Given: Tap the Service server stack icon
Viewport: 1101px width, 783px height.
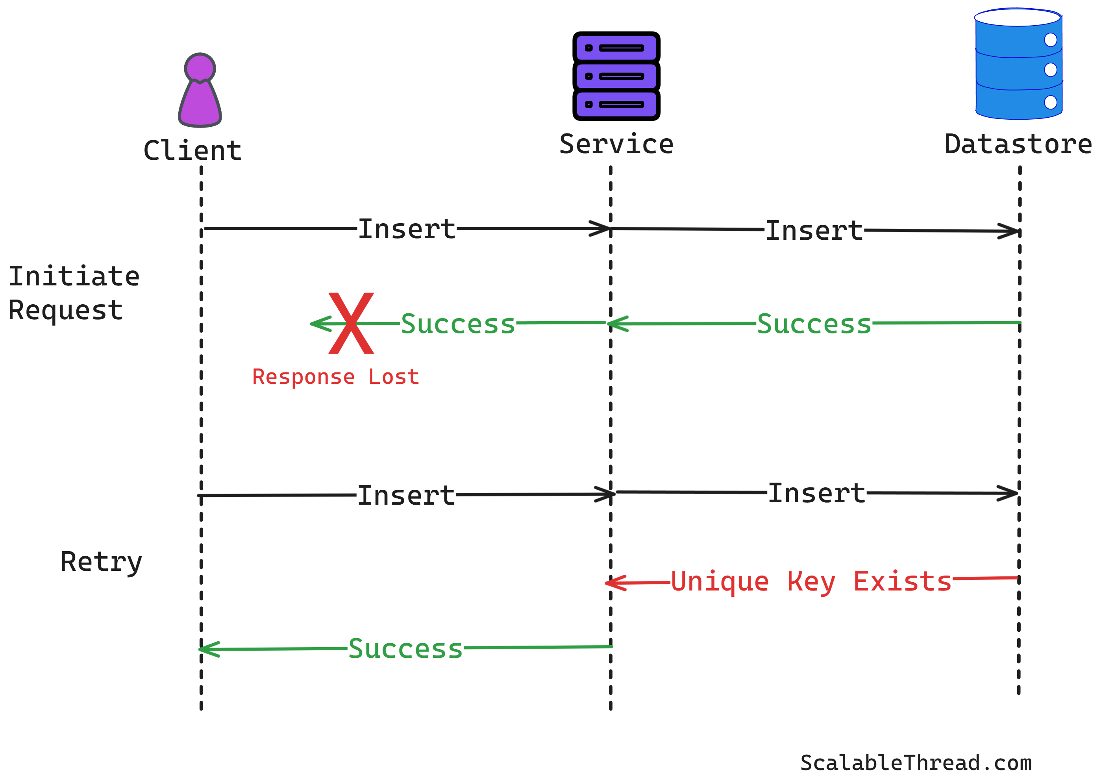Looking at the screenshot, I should pos(616,76).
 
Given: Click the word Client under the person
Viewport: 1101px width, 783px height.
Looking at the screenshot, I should pos(192,150).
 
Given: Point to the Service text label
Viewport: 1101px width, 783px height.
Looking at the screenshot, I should pos(616,144).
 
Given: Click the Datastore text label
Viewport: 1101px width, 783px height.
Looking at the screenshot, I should pos(1018,144).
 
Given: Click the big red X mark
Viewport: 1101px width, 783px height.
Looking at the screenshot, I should pos(351,323).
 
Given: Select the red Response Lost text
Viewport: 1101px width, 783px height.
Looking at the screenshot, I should pos(335,377).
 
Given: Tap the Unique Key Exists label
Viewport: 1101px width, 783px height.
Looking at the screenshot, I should pos(811,581).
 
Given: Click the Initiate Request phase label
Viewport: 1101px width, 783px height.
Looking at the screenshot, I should pos(74,292).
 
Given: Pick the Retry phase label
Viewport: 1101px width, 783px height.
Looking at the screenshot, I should pos(101,561).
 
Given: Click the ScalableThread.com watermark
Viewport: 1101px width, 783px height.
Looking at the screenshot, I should pos(916,763).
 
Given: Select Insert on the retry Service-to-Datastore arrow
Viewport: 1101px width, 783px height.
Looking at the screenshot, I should pos(816,493).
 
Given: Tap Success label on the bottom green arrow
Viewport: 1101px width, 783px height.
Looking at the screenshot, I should pos(405,648).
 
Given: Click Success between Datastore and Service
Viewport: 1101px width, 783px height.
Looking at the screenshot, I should pos(814,324).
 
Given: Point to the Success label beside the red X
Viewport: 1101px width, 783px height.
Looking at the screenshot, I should pos(457,324).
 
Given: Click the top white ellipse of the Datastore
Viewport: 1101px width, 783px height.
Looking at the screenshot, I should pos(1017,17).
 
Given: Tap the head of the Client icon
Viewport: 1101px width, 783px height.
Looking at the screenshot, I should pos(200,67).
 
